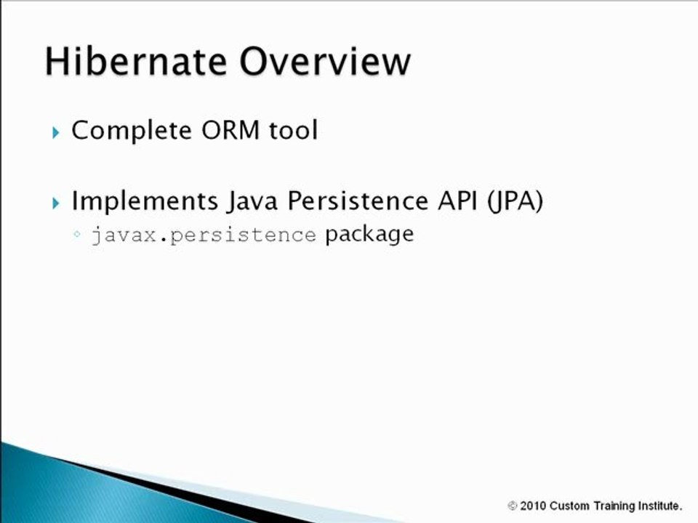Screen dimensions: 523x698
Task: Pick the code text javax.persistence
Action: (x=204, y=235)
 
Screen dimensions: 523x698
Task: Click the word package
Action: (x=369, y=235)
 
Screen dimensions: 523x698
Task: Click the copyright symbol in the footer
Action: (x=513, y=506)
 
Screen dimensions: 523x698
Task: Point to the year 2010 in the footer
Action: (x=534, y=506)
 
